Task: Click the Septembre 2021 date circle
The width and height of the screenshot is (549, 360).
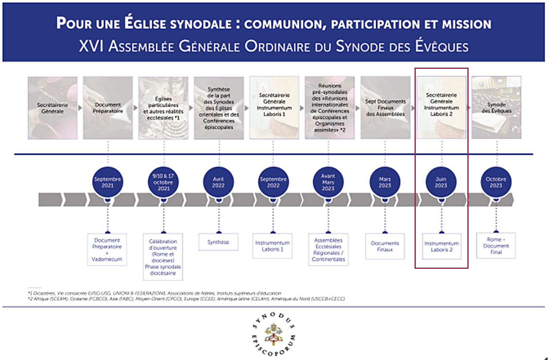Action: click(107, 182)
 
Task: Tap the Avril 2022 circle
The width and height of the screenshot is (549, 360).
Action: click(218, 182)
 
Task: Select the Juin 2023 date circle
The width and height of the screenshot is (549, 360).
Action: click(441, 182)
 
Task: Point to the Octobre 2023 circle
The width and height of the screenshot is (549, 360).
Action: click(496, 182)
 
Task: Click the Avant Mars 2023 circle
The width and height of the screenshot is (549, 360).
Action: click(328, 182)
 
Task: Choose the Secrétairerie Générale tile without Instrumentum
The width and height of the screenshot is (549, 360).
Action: click(52, 108)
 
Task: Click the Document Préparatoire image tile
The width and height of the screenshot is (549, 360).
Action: click(108, 108)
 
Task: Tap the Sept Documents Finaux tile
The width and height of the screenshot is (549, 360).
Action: click(385, 108)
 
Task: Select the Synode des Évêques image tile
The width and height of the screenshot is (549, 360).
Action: click(496, 108)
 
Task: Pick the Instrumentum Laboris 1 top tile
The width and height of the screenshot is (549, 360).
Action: click(274, 108)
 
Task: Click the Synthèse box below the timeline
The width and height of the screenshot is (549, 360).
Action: click(218, 242)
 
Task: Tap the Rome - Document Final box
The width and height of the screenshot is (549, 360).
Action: click(496, 246)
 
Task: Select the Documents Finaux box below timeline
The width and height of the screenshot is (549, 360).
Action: click(385, 246)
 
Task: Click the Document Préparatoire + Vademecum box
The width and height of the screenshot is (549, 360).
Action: click(107, 250)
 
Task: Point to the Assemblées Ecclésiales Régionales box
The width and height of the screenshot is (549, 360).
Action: click(329, 250)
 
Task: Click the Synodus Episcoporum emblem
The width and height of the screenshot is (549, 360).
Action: click(274, 334)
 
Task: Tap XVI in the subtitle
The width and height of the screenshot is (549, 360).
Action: click(91, 46)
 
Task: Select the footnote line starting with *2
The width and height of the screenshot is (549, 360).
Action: click(186, 299)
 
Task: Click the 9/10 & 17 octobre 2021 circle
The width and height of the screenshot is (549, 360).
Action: click(163, 182)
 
